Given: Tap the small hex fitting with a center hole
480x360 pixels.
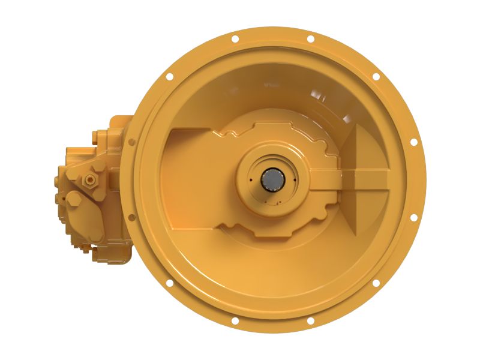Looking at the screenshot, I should (89, 178).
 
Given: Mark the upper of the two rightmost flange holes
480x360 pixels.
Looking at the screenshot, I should (413, 142).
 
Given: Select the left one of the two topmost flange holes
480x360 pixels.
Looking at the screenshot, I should (235, 39).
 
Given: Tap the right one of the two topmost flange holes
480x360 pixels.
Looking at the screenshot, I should (310, 39).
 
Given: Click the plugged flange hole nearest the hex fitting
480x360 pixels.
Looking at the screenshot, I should (131, 142).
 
